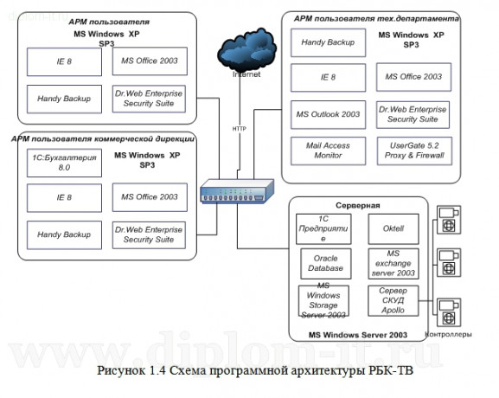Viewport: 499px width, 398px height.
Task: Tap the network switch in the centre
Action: pyautogui.click(x=235, y=193)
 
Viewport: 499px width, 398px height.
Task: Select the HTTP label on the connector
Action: pyautogui.click(x=239, y=129)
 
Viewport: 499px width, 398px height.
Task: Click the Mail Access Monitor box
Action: pyautogui.click(x=323, y=150)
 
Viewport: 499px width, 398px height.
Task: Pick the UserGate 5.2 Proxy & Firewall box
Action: pyautogui.click(x=411, y=150)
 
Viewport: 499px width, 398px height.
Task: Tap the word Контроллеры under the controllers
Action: pyautogui.click(x=451, y=334)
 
